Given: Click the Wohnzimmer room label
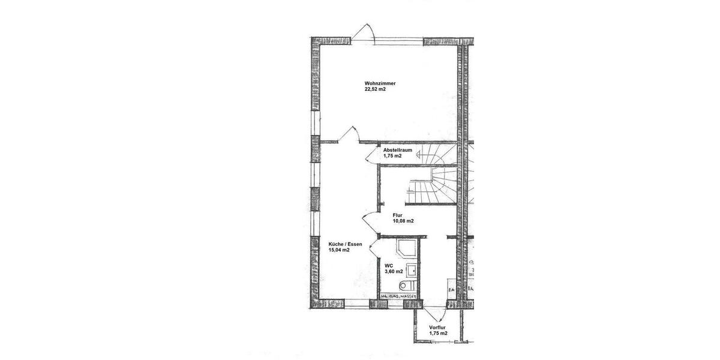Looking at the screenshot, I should pos(380,83).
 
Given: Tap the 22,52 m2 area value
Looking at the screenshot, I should pos(375,89).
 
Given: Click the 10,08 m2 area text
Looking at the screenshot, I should pos(403,221).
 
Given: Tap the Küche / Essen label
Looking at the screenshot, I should pos(345,244).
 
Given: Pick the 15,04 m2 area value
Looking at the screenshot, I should pos(339,250).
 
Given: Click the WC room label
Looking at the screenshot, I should pos(388,265).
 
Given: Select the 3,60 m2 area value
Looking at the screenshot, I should pos(394,271).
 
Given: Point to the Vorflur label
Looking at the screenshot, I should pos(438,327).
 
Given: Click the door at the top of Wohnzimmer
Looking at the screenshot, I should pos(364,33).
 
